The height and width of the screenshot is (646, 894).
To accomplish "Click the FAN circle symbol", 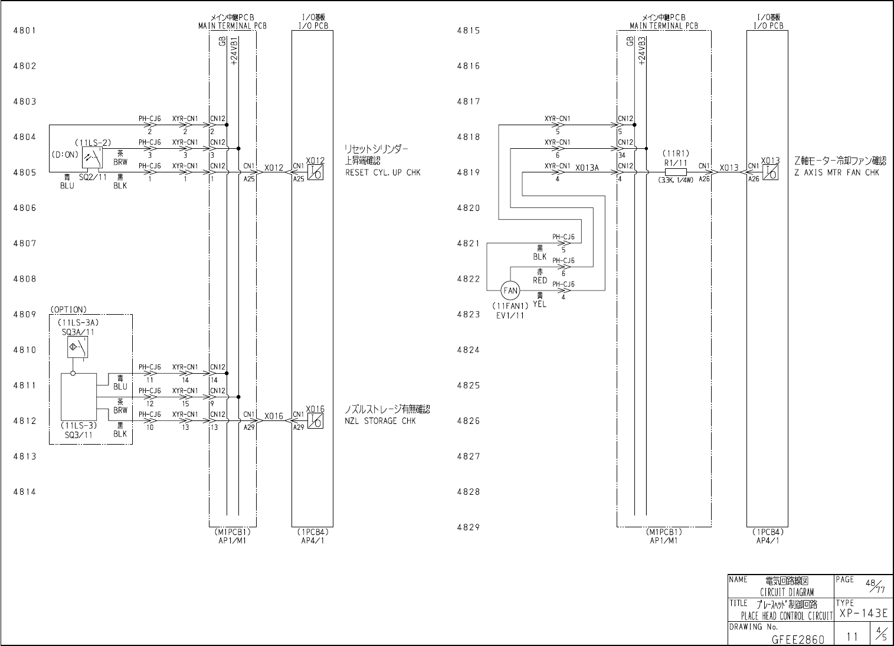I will click(510, 291).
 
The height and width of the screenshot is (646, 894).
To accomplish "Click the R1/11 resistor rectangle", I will click(675, 172).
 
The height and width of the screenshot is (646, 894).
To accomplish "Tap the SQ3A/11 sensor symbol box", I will click(78, 347).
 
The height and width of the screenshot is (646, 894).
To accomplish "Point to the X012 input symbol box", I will click(316, 172).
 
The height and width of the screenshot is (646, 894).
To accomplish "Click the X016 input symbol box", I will click(316, 420).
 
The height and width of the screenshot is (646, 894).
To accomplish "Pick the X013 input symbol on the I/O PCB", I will click(770, 172).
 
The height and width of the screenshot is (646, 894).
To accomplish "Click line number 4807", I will click(25, 243).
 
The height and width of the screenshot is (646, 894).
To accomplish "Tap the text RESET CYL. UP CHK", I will click(382, 173).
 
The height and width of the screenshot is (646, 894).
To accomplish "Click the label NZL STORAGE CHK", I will click(380, 421).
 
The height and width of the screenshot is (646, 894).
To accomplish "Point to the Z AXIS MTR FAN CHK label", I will click(836, 172).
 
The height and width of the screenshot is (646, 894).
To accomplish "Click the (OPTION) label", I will click(68, 309).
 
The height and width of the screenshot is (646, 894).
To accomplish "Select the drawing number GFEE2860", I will click(798, 639).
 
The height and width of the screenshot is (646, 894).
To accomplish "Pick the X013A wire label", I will click(587, 168).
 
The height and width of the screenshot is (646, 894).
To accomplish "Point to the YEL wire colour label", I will click(539, 305).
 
